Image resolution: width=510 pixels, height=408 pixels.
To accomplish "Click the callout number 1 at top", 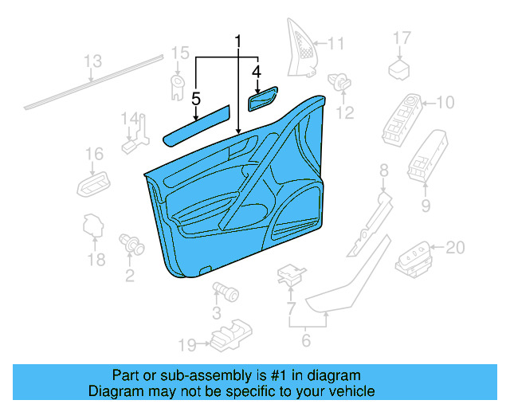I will (237, 41).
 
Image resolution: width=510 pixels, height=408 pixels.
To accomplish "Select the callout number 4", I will (257, 73).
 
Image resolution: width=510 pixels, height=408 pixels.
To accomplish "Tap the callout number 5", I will (196, 99).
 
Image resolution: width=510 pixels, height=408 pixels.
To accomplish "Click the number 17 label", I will (402, 38).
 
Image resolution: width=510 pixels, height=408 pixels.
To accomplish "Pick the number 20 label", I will (454, 248).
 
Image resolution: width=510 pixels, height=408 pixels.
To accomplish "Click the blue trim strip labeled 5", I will (196, 125).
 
